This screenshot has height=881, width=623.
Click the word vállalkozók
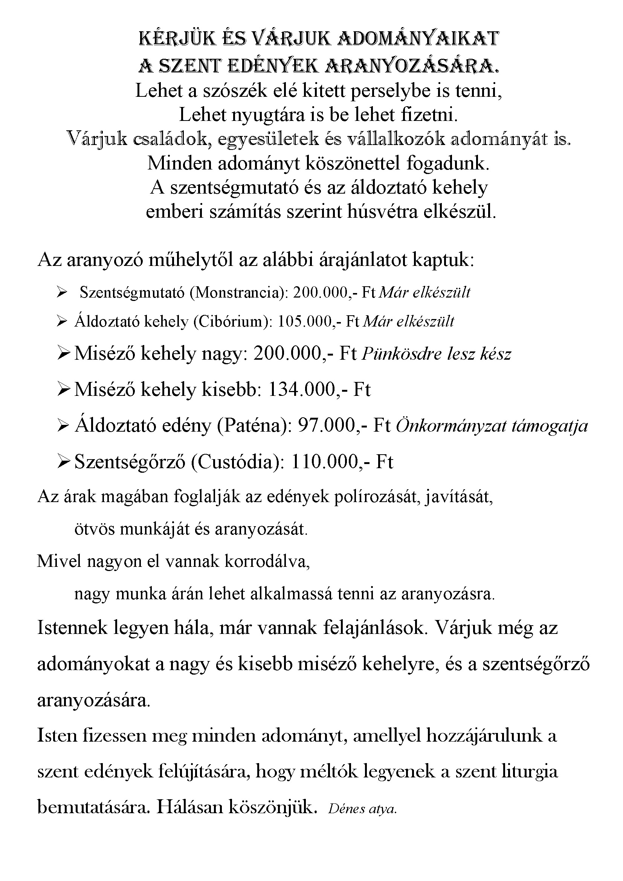pos(395,139)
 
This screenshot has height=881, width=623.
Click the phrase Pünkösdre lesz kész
pos(436,353)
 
